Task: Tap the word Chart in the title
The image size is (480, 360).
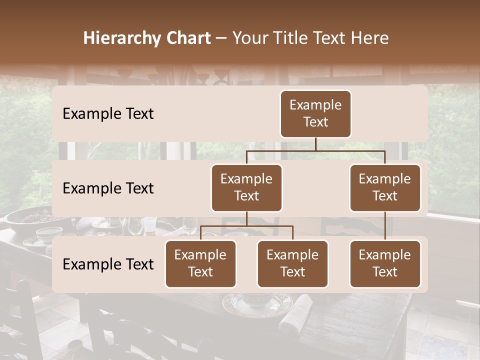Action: coord(187,38)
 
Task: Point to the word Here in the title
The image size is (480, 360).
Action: coord(369,38)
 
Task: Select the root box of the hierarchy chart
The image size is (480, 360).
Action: coord(315,113)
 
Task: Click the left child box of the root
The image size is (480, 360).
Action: coord(246,187)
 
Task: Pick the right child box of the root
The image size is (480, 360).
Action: coord(385,187)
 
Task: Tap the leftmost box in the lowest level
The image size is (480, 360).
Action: coord(200,263)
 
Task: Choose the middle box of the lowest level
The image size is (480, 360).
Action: coord(292,263)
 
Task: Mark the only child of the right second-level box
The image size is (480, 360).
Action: coord(385,263)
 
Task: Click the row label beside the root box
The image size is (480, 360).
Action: coord(108,113)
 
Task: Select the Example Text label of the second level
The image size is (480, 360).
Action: coord(108,188)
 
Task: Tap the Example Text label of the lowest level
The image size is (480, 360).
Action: coord(108,264)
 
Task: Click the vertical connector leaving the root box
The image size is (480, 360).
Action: coord(315,144)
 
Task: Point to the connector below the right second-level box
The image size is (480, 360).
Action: coord(385,226)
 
